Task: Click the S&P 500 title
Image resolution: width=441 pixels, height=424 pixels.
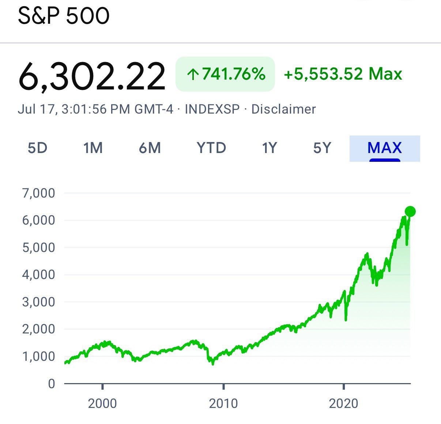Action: pos(64,16)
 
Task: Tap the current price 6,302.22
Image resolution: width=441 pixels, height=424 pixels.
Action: pos(91,76)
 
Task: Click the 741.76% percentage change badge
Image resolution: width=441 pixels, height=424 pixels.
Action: pos(225,74)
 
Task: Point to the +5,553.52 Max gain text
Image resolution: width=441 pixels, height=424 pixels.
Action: pos(343,74)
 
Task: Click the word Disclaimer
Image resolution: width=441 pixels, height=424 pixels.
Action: pos(283,109)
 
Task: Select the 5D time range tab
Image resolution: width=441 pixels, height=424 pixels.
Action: pos(38,148)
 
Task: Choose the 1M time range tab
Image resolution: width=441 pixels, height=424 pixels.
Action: pos(93,148)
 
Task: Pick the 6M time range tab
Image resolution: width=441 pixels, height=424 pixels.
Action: pos(150,148)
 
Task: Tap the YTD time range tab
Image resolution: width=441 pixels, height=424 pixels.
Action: pos(211,148)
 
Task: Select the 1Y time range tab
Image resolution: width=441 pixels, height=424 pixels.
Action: pos(269,148)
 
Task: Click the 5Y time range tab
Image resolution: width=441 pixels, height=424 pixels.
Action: pos(322,148)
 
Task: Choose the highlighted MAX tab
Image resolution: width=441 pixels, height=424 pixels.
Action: pos(385,148)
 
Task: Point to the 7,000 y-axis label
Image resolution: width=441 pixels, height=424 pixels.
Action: pos(39,193)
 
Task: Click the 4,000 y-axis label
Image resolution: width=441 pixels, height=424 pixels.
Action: pos(39,275)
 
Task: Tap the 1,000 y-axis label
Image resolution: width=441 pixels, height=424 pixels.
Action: pos(39,356)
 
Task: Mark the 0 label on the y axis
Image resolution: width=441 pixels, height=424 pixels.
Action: pos(52,383)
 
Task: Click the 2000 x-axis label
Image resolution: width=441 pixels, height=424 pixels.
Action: pos(103,404)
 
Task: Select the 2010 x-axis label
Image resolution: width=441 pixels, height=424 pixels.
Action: pos(223,404)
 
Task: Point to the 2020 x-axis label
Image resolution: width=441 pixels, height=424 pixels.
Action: pos(344,404)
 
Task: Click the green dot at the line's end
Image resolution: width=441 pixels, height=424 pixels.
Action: pos(410,211)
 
